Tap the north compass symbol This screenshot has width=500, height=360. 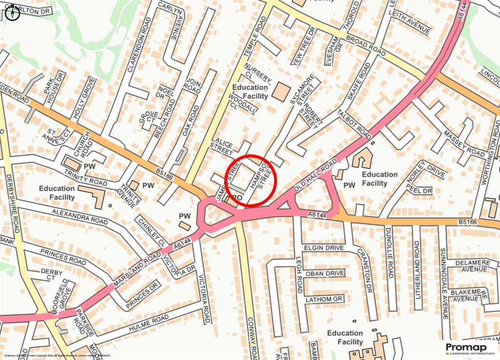[13, 13]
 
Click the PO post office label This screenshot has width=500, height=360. [238, 197]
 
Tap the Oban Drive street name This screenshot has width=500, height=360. [325, 273]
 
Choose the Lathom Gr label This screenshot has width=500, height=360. [324, 298]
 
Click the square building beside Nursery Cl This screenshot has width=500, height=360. [281, 92]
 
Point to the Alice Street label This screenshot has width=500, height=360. [223, 144]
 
